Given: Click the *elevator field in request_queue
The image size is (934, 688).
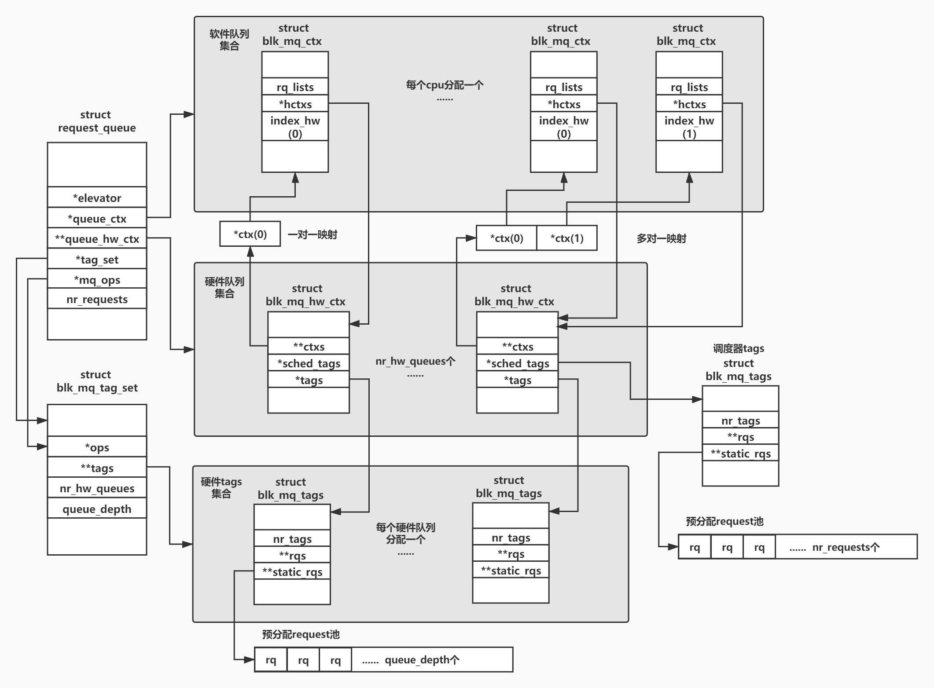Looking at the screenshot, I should click(97, 198).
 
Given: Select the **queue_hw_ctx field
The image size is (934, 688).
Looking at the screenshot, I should click(97, 239).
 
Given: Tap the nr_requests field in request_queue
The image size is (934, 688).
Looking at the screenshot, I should click(97, 299).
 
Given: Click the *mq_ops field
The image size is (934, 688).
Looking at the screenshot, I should click(97, 280).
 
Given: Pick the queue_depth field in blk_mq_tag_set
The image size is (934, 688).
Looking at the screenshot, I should click(97, 509).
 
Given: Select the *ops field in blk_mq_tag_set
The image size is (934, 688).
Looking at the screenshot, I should click(97, 447).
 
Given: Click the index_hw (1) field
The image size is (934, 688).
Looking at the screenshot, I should click(689, 127).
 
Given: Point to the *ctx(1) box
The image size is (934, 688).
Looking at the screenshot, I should click(567, 238).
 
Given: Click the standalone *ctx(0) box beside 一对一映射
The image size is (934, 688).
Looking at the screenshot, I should click(250, 234).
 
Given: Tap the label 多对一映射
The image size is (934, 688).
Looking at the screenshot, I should click(661, 238).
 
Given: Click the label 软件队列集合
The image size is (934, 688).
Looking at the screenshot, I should click(229, 40).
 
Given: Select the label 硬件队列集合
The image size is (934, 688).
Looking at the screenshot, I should click(224, 287).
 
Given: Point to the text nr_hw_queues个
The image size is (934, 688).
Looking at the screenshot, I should click(415, 361).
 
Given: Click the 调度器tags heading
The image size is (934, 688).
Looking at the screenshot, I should click(738, 348).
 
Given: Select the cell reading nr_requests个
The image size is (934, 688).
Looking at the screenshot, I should click(845, 547).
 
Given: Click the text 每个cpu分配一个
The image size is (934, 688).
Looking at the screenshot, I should click(445, 85).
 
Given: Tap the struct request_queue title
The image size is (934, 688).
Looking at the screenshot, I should click(96, 121).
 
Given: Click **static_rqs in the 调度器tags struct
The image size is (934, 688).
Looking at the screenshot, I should click(740, 453).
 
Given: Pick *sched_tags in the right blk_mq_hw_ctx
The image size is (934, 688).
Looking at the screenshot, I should click(517, 363).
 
